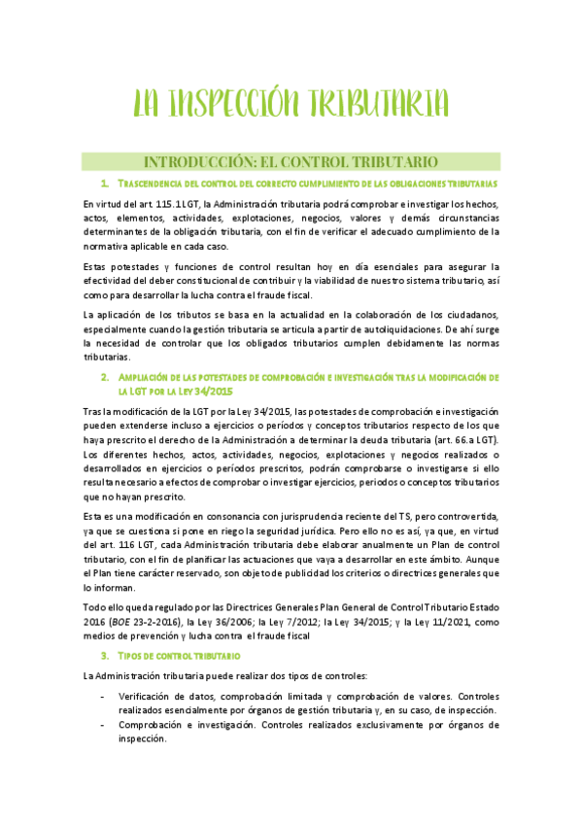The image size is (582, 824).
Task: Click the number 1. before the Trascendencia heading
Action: (x=104, y=183)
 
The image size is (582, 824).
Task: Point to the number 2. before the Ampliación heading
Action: (x=104, y=376)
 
